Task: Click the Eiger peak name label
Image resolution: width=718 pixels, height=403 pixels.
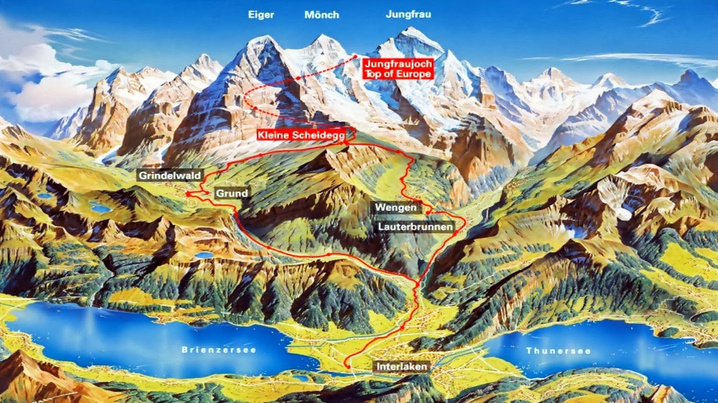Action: click(x=261, y=15)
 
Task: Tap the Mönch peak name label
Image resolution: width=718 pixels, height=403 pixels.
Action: click(x=322, y=15)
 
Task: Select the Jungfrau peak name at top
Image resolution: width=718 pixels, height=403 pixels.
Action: click(x=408, y=15)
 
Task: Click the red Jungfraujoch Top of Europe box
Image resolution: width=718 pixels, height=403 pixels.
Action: click(x=398, y=68)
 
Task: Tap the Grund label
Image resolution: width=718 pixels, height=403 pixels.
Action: click(x=232, y=194)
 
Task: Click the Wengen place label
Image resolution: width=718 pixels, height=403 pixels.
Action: click(x=396, y=207)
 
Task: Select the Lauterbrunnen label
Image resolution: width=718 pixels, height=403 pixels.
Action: click(x=415, y=227)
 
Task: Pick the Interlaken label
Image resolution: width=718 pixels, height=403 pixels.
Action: click(x=402, y=366)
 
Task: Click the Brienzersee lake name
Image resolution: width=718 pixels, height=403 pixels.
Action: click(x=219, y=350)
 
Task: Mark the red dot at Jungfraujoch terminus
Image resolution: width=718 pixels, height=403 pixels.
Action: click(x=354, y=56)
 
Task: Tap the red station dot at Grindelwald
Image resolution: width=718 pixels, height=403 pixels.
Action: click(x=188, y=194)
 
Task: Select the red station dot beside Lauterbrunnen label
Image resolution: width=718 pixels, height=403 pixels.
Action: click(x=455, y=232)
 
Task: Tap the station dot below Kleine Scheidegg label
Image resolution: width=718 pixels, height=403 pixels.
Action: click(x=345, y=143)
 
